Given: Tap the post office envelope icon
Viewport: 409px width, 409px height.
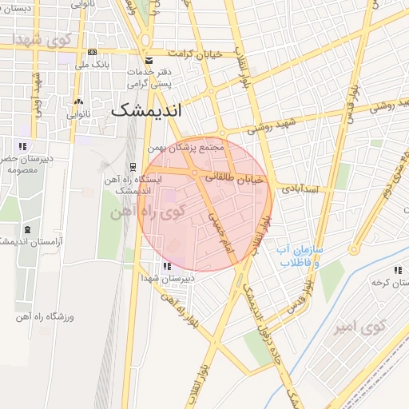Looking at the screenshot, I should point(149,61).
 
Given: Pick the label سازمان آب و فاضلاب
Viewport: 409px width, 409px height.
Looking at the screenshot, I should point(299,256).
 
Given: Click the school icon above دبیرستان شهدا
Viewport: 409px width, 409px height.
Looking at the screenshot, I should point(166,267).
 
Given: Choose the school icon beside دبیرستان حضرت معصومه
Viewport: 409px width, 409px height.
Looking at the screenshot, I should point(22,145).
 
